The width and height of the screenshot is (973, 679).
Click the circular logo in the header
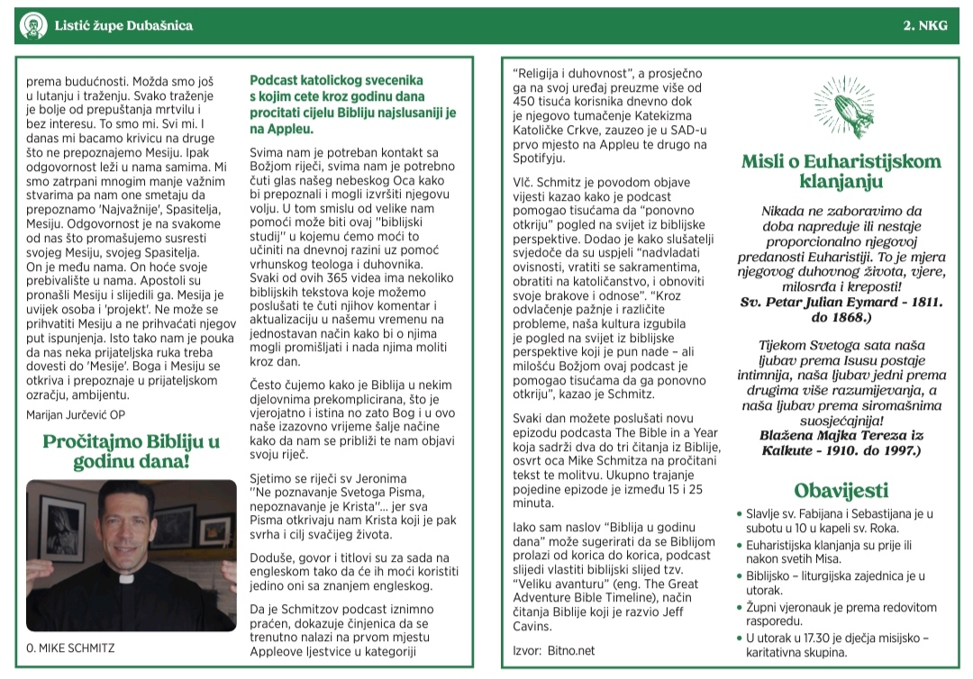click(x=32, y=26)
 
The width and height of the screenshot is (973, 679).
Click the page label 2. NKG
click(x=925, y=26)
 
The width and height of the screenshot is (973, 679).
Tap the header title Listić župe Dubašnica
click(x=123, y=26)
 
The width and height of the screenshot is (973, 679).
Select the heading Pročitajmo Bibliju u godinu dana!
click(x=132, y=452)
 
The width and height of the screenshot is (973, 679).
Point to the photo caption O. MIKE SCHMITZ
click(x=71, y=647)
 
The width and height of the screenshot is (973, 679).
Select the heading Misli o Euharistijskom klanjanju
click(x=841, y=171)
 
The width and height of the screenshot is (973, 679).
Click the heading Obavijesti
click(x=841, y=491)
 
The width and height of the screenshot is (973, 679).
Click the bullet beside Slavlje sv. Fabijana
click(x=739, y=514)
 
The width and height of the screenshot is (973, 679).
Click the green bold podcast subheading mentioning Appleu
click(x=353, y=104)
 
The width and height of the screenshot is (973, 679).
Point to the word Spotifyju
click(x=542, y=158)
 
